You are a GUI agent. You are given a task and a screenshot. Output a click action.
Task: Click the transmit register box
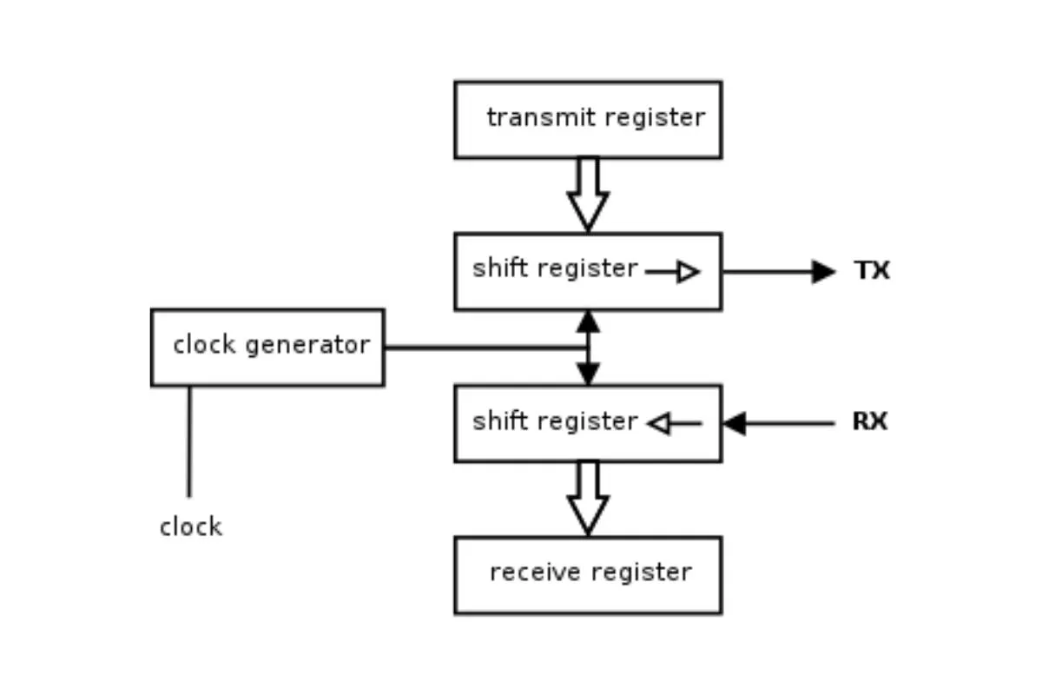(x=588, y=120)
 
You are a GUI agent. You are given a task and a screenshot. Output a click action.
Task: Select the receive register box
(x=588, y=575)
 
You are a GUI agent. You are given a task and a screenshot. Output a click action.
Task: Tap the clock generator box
(x=267, y=347)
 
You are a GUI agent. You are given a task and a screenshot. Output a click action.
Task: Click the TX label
(x=872, y=271)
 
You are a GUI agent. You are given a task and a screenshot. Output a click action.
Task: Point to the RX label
(x=869, y=422)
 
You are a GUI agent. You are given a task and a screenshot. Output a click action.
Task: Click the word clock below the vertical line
(x=191, y=526)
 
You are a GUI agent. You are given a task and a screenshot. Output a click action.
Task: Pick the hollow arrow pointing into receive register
(x=588, y=499)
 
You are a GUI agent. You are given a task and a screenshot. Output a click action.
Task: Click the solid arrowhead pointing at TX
(x=822, y=272)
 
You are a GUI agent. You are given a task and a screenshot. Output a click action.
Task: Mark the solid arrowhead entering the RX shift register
(x=735, y=424)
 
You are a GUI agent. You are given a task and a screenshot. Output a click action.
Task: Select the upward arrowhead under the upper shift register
(x=588, y=322)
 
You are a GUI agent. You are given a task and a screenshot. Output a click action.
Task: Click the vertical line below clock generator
(x=189, y=441)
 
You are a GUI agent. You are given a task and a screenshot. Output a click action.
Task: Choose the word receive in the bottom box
(x=526, y=573)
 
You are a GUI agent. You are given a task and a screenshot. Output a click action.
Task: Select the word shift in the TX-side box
(x=499, y=268)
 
